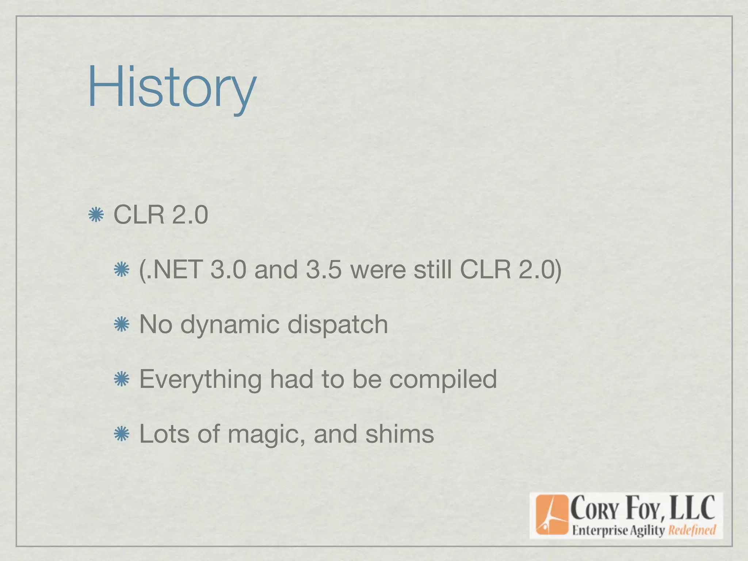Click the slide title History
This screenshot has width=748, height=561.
[172, 88]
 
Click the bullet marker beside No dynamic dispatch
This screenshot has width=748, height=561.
[122, 324]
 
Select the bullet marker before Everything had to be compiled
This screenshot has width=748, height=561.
[122, 379]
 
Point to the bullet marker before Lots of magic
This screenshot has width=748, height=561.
[122, 434]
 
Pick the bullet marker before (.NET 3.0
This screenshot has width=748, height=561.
[122, 270]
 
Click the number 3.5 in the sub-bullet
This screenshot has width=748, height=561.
[324, 270]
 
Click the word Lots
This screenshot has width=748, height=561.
[164, 434]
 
